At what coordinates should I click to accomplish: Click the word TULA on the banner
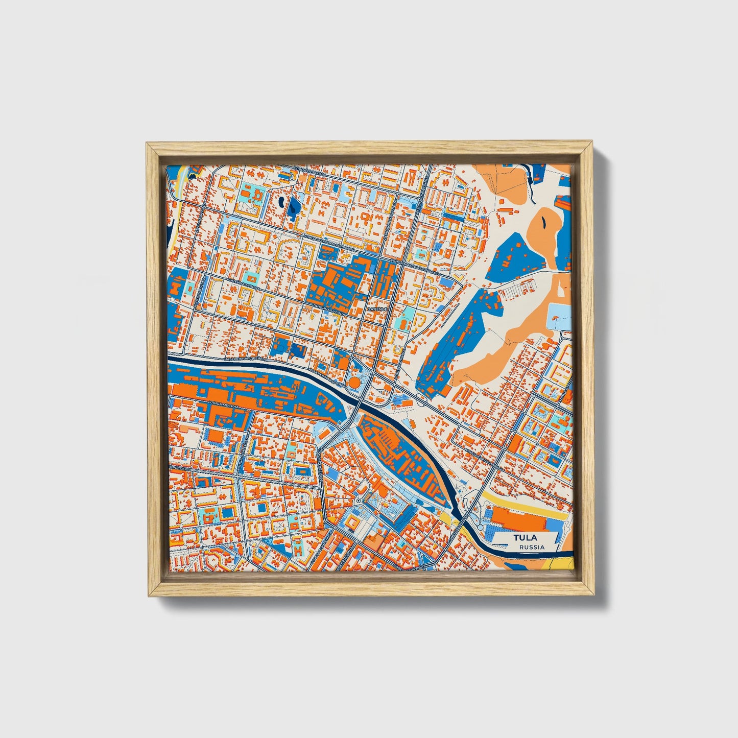point(525,538)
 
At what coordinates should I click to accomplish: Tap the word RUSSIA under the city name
point(532,547)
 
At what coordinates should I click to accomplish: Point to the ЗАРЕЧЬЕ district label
point(378,310)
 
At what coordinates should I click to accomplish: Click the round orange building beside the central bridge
point(354,382)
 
